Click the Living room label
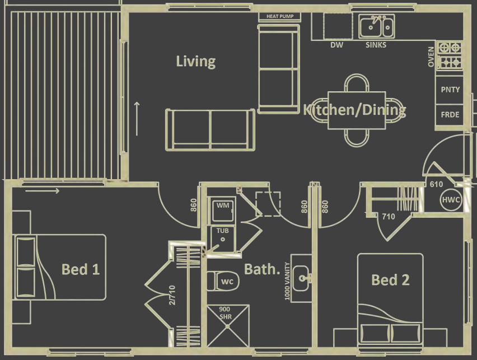195,61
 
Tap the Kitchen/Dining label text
354,110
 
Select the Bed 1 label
81,269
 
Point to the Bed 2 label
391,279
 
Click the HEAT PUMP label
280,17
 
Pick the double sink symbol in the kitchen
377,26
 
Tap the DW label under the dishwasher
336,45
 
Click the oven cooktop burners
450,55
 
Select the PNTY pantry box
450,90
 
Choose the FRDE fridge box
450,115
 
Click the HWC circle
451,200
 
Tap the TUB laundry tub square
223,235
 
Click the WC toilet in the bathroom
224,280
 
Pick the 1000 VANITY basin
303,277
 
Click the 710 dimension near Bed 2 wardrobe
388,217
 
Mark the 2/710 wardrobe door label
172,294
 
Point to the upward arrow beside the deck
137,118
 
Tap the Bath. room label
261,269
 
